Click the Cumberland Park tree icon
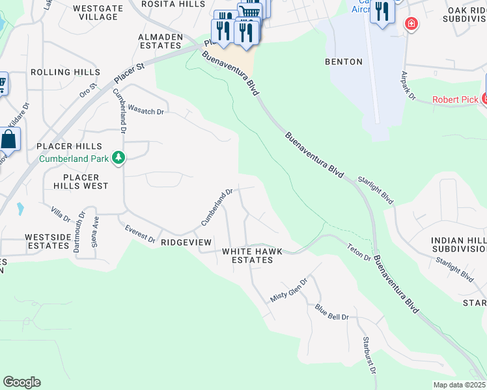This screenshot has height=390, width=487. (x=118, y=157)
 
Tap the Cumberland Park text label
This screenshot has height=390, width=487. (x=74, y=158)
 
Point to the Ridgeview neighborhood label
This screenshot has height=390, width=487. (x=187, y=242)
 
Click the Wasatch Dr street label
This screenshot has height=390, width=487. (x=146, y=111)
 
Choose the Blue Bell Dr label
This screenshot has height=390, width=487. (x=332, y=312)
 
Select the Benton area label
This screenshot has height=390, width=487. (x=343, y=62)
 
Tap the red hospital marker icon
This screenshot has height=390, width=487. (x=411, y=25)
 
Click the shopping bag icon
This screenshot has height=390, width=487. (x=9, y=140)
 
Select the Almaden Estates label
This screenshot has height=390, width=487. (x=160, y=42)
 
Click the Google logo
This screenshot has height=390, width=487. (x=21, y=382)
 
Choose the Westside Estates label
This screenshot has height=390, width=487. (x=47, y=242)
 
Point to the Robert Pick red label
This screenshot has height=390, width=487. (x=456, y=100)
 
